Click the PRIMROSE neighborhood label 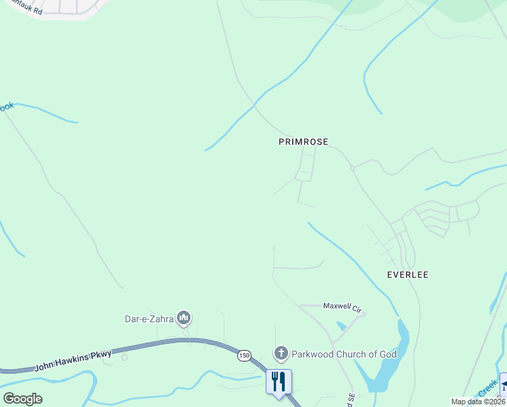pyautogui.click(x=303, y=142)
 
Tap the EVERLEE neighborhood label pyautogui.click(x=408, y=275)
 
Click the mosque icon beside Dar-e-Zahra pyautogui.click(x=183, y=317)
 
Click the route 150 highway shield pyautogui.click(x=244, y=355)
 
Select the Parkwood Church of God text pyautogui.click(x=334, y=354)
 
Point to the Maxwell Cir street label pyautogui.click(x=342, y=307)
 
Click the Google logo pyautogui.click(x=22, y=398)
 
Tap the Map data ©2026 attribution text pyautogui.click(x=478, y=402)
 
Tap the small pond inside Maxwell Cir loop pyautogui.click(x=340, y=326)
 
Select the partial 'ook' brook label pyautogui.click(x=7, y=107)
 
